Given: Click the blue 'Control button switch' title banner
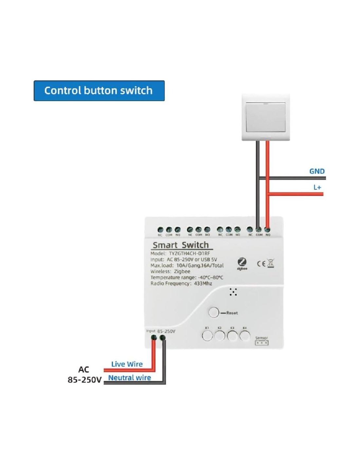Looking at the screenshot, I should point(99,91).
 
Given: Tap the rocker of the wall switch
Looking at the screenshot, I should point(265,117).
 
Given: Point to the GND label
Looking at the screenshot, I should point(317,171).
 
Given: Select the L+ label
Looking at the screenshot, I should point(317,187).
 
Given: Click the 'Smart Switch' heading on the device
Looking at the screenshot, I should point(181,245).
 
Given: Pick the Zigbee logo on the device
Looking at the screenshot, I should point(242,263).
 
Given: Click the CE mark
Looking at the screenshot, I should point(261,264).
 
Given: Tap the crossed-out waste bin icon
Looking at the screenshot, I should point(271,263).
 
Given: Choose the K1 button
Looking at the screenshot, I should point(207,336).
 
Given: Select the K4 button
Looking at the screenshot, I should point(244,336).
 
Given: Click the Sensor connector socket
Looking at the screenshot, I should point(261,343).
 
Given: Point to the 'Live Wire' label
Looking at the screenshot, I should point(127,364).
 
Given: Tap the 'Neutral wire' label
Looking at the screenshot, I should point(130,378).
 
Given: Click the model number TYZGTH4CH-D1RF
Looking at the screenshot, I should point(189,253).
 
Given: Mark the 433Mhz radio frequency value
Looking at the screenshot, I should point(203,284).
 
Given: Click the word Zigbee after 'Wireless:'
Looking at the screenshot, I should point(182,271).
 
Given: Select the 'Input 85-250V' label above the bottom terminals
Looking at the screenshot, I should point(161,331).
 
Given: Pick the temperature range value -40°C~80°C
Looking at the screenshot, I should point(211,278).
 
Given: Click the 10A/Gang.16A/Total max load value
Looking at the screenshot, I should point(200,266).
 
